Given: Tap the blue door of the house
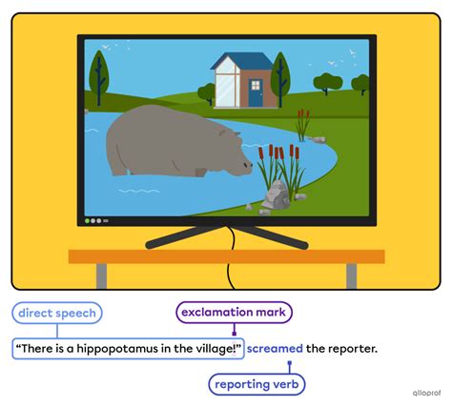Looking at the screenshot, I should (x=256, y=93).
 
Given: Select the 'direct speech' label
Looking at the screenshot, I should (x=57, y=312).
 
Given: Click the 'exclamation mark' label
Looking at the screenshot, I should (x=234, y=312).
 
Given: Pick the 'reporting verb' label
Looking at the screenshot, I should (x=257, y=383).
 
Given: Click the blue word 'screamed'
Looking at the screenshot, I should (x=275, y=348).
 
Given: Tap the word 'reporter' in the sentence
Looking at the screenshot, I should (x=352, y=348).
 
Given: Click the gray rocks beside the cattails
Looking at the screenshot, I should (x=277, y=195).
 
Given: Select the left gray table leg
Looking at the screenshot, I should (x=101, y=275).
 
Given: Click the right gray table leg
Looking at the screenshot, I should (x=351, y=275).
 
